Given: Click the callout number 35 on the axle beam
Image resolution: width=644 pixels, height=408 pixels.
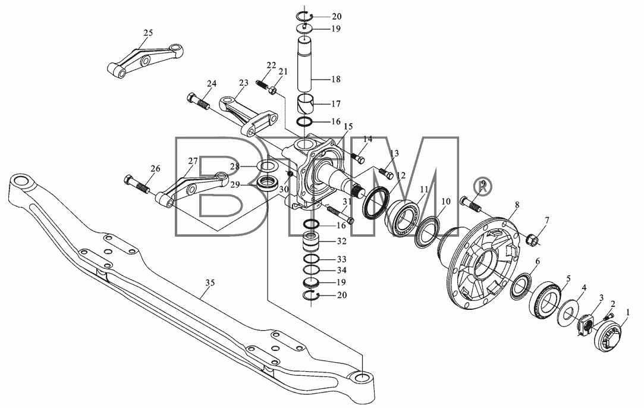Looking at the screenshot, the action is point(211,283).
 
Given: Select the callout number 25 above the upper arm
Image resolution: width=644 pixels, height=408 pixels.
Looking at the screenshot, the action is point(148,33).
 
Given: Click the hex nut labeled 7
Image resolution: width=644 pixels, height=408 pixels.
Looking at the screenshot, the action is point(530,238).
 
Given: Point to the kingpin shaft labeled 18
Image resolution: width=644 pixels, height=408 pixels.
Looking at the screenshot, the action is point(304,63).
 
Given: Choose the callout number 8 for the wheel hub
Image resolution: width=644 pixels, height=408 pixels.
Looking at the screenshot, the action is point(516,204).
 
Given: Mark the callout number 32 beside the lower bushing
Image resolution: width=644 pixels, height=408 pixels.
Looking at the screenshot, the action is point(342,241).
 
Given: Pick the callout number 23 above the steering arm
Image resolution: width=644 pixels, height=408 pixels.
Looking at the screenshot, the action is point(244,83).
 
